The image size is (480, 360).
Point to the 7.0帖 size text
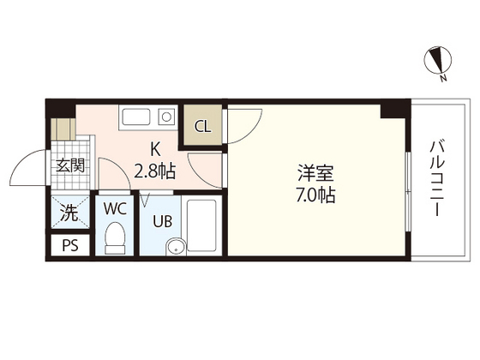pyautogui.click(x=309, y=195)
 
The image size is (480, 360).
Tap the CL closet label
pyautogui.click(x=203, y=127)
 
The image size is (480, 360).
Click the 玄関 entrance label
pyautogui.click(x=69, y=165)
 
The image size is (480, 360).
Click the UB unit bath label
pyautogui.click(x=163, y=221)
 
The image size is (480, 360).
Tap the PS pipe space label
pyautogui.click(x=69, y=247)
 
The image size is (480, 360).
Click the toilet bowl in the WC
pyautogui.click(x=114, y=237)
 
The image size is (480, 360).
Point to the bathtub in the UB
pyautogui.click(x=202, y=225)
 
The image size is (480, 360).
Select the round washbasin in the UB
pyautogui.click(x=175, y=249)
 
